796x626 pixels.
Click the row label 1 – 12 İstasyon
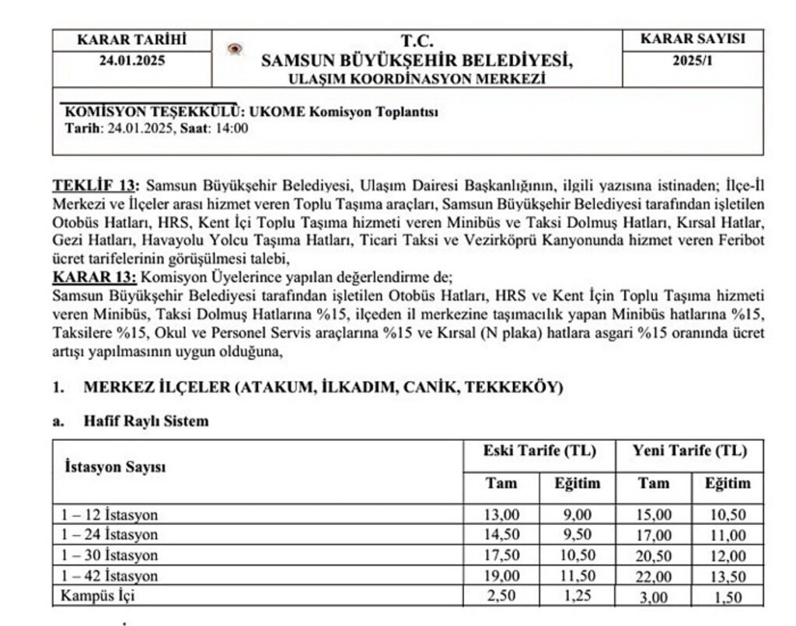point(110,514)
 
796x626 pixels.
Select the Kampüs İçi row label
point(95,598)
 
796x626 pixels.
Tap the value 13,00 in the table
point(501,514)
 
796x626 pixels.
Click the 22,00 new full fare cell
point(652,577)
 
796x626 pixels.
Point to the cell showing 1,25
point(577,598)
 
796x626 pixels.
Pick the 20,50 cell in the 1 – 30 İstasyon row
point(652,556)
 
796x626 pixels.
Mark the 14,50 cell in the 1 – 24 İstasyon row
point(501,535)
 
